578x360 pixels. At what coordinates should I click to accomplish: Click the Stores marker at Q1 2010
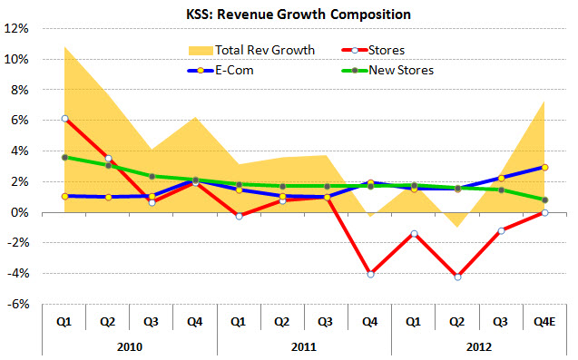(64, 119)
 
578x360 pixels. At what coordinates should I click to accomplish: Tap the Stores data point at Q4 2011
(370, 274)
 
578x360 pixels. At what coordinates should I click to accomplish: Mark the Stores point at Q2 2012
(457, 277)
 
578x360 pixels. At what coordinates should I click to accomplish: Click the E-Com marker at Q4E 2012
(544, 167)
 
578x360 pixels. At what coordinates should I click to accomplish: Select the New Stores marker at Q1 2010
(64, 157)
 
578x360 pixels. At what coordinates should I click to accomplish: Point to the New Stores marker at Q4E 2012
(544, 200)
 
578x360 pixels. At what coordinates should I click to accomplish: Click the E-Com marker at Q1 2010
(64, 196)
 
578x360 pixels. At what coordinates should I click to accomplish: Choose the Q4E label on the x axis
(544, 320)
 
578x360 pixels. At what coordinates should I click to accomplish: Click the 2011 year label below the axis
(304, 345)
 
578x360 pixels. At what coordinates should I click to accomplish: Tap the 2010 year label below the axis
(130, 345)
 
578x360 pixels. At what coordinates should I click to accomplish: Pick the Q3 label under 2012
(501, 320)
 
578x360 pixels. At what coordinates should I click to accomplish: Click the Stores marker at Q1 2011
(240, 216)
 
